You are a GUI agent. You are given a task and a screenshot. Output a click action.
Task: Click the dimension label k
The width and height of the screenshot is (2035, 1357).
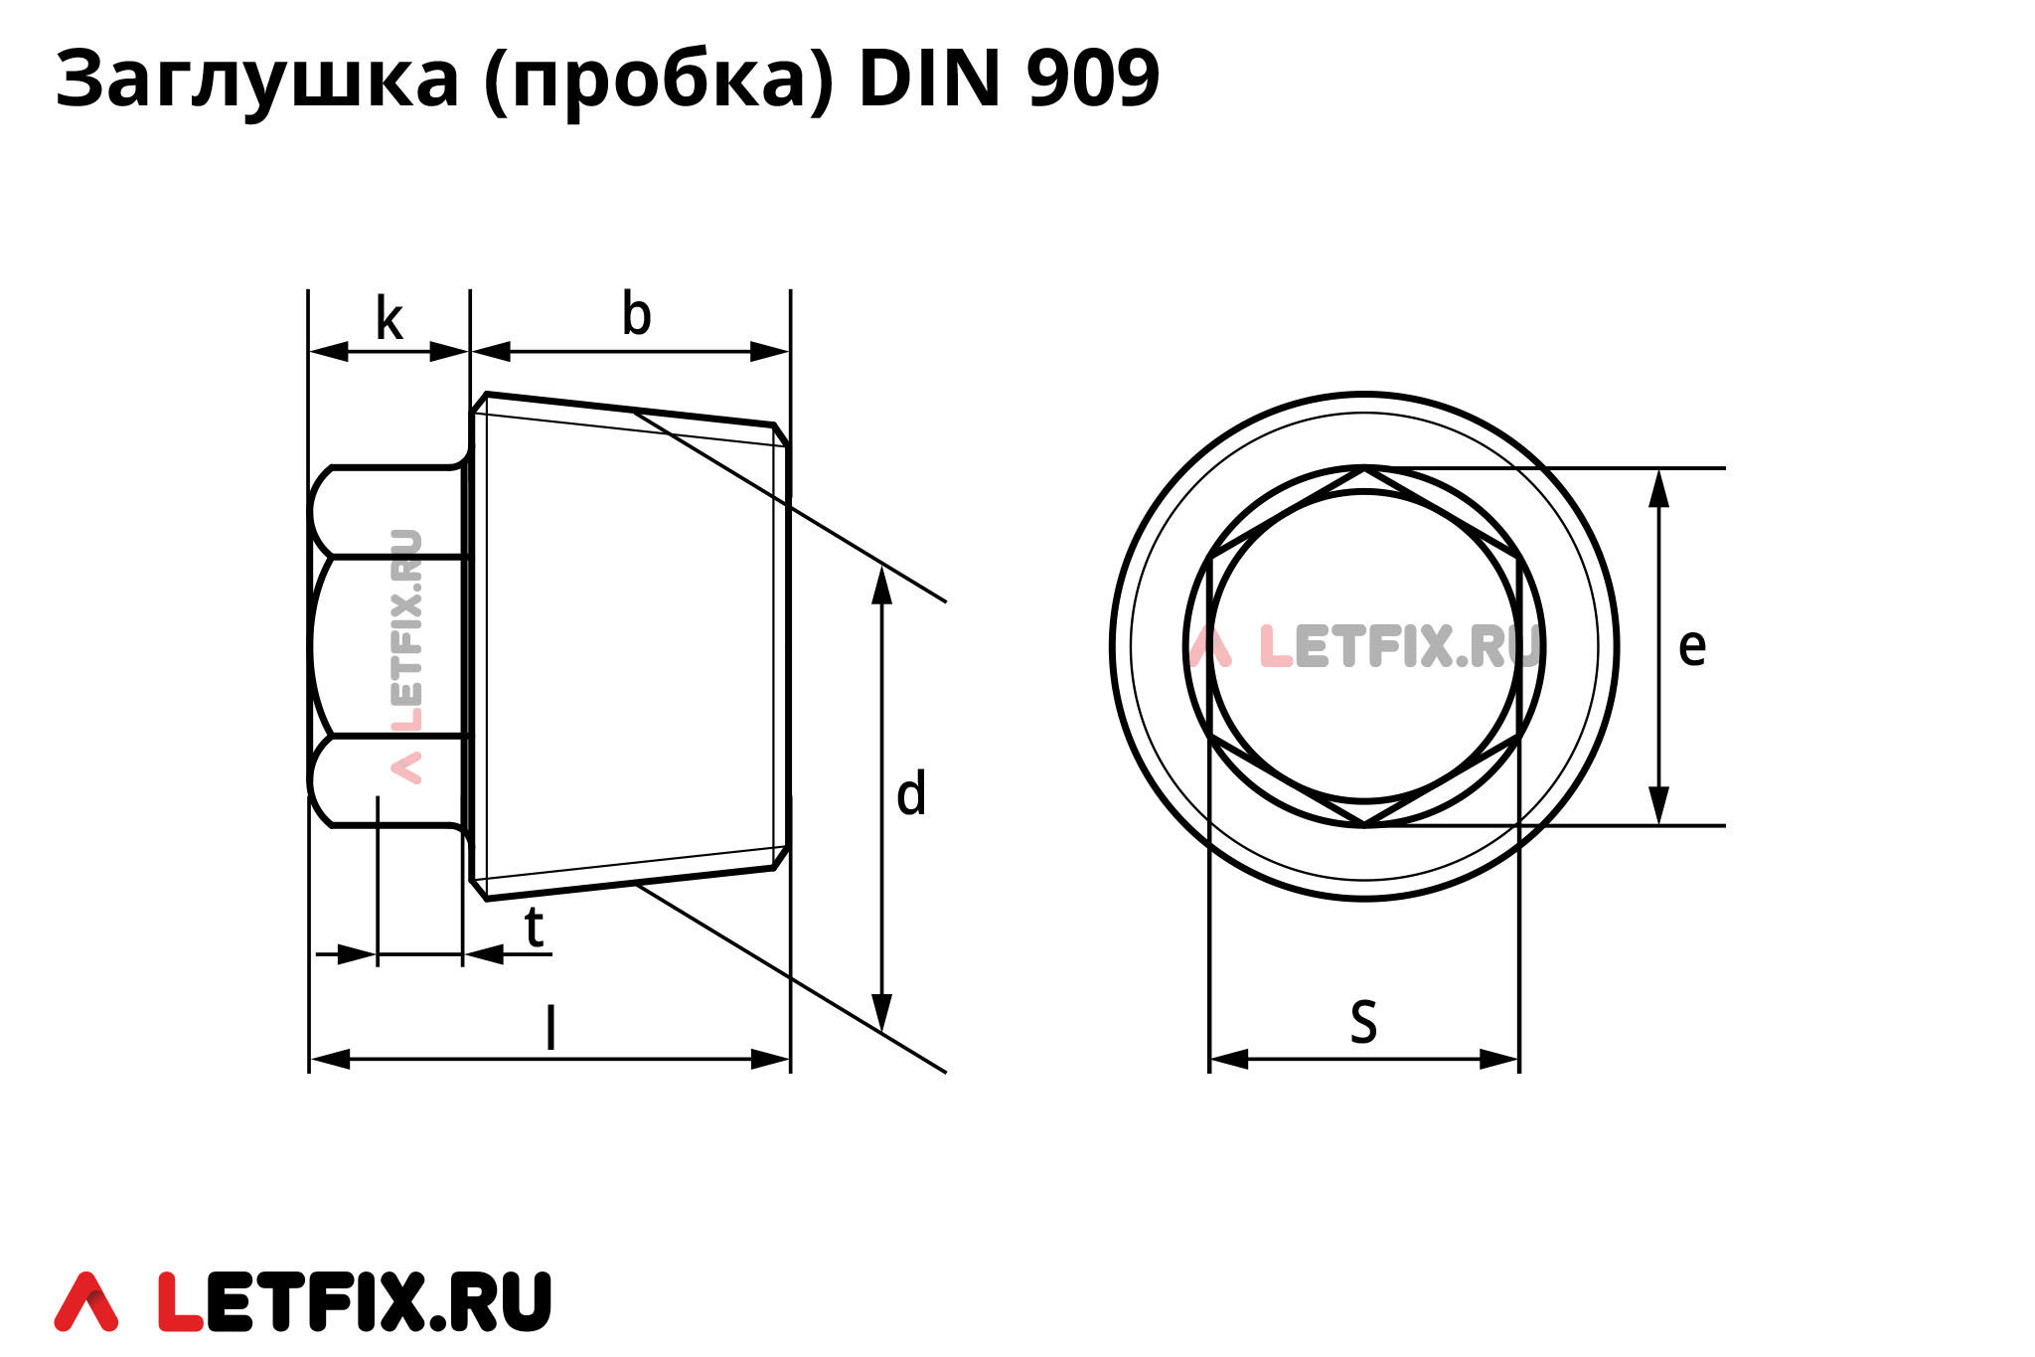(389, 320)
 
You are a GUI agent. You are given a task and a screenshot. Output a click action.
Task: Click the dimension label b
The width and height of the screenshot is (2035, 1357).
(636, 314)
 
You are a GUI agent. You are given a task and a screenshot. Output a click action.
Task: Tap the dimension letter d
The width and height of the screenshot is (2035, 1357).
(910, 794)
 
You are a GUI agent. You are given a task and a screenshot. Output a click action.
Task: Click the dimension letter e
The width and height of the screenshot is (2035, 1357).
(1691, 646)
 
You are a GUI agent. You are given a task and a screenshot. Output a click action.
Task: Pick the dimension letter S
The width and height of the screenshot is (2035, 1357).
(1363, 1021)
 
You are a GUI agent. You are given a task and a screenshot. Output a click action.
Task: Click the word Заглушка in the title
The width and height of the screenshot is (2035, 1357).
(257, 80)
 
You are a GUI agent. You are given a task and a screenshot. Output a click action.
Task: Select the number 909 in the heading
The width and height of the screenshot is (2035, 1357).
(1092, 80)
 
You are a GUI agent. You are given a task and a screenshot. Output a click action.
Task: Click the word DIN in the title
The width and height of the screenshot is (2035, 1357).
(928, 80)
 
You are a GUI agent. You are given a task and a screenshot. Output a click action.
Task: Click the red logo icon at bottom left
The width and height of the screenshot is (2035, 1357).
(86, 1301)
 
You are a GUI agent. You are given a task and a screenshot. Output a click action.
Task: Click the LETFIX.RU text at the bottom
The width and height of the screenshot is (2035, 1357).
(355, 1301)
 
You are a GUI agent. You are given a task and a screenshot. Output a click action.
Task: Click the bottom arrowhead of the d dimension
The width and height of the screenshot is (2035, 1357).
(881, 1013)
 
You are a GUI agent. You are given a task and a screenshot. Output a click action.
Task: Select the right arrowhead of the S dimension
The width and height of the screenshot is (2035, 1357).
(1500, 1059)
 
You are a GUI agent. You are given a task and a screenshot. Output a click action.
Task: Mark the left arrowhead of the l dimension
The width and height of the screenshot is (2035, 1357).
(330, 1059)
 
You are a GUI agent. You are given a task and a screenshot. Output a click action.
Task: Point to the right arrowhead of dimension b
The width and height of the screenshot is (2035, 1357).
(770, 351)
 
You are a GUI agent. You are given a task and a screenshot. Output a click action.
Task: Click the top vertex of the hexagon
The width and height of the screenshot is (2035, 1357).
(1364, 469)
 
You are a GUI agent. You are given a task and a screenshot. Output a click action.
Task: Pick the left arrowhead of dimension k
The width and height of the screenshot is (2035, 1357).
(329, 351)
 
